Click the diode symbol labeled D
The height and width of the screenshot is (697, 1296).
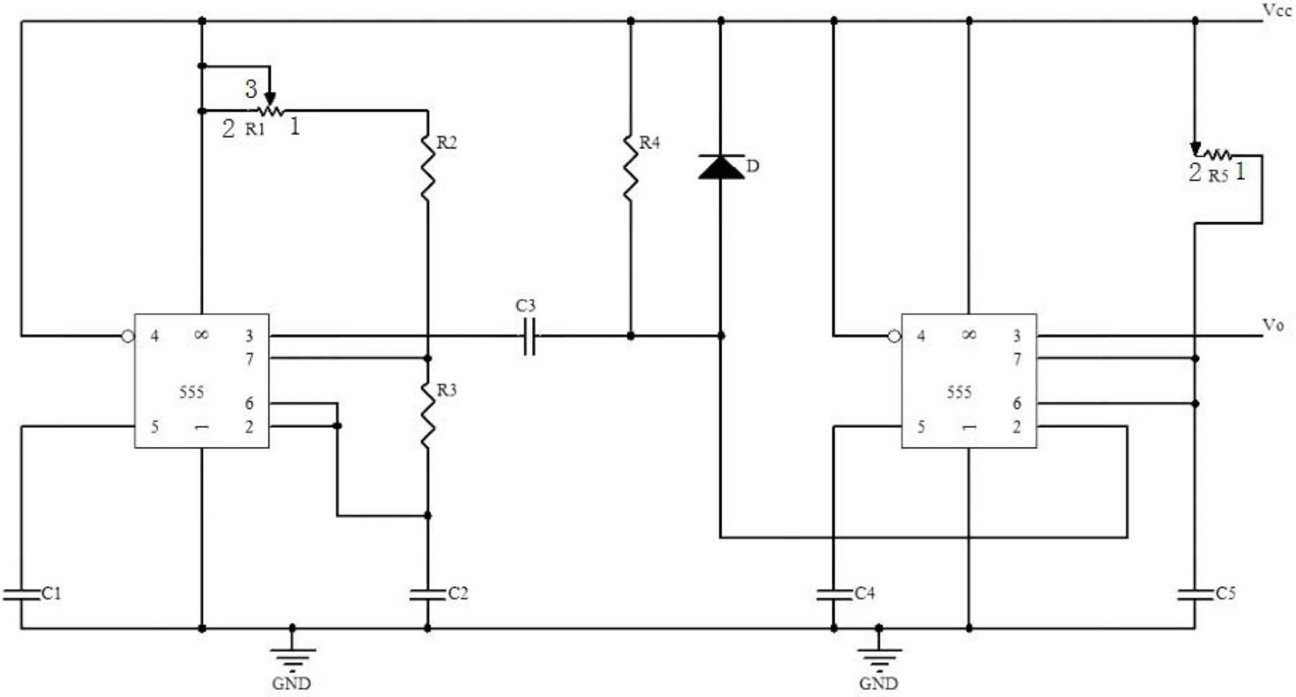coord(721,167)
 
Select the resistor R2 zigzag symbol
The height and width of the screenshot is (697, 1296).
coord(427,167)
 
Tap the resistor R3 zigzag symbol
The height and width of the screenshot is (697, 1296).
coord(427,414)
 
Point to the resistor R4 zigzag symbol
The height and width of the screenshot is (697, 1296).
coord(630,167)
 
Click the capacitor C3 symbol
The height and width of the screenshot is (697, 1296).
coord(530,336)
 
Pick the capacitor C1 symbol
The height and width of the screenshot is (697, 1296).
coord(22,594)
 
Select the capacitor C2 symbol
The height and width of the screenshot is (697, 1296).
coord(427,594)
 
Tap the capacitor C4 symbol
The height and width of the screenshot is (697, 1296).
coord(834,594)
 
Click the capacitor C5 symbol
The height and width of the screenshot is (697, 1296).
coord(1195,594)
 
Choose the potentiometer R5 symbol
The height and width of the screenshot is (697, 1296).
coord(1213,153)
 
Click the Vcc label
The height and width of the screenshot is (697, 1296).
coord(1277,11)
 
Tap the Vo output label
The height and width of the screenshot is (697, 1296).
coord(1273,325)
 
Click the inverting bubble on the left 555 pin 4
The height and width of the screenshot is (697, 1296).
coord(127,336)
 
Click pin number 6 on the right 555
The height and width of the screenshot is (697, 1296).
coord(1017,404)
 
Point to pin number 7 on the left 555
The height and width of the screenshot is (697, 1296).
coord(250,359)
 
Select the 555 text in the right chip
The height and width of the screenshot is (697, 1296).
coord(959,392)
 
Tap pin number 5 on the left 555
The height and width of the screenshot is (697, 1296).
coord(155,427)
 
